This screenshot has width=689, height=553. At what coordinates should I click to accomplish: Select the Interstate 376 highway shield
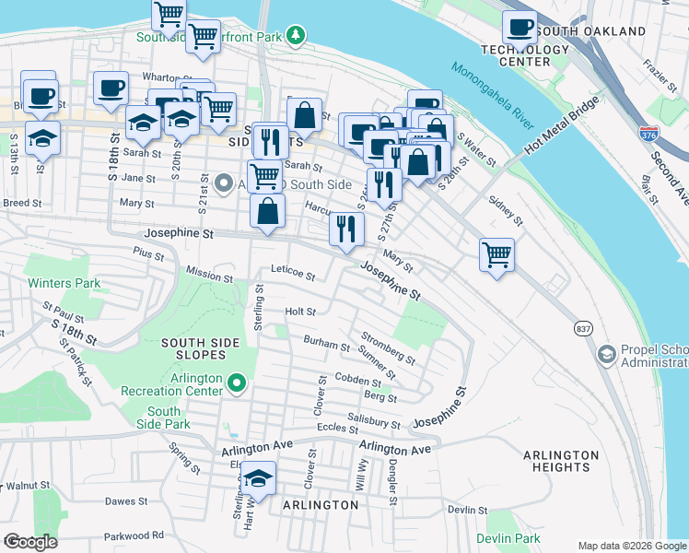(648, 133)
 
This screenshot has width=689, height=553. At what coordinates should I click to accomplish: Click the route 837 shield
(581, 328)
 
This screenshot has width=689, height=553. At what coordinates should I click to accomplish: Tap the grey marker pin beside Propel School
(606, 354)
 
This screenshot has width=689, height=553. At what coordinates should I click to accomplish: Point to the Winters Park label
(64, 283)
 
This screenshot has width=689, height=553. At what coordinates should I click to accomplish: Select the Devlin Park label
(508, 538)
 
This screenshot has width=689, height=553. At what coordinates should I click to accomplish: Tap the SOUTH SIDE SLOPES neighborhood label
(200, 349)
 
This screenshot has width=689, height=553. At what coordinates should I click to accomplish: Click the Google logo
(30, 542)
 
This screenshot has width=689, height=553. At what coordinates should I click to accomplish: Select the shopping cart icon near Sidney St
(496, 253)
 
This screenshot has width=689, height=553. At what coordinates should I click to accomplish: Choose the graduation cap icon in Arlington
(259, 478)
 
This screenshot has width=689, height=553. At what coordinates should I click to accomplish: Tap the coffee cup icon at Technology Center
(520, 27)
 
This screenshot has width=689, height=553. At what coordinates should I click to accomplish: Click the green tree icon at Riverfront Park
(296, 36)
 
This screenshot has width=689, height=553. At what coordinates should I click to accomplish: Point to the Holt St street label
(300, 312)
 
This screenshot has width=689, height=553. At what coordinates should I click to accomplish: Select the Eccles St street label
(335, 429)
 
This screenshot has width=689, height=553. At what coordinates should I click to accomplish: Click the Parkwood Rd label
(133, 535)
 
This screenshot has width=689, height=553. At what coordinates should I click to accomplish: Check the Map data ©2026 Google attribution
(631, 546)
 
